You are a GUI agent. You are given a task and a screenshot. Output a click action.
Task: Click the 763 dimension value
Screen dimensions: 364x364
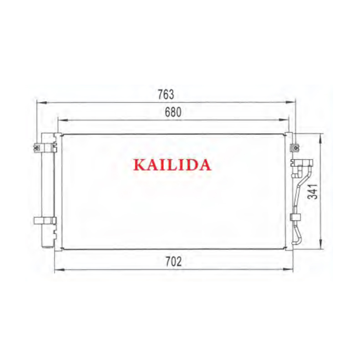(166, 94)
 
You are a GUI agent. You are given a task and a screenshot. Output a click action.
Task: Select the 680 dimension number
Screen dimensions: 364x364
(173, 112)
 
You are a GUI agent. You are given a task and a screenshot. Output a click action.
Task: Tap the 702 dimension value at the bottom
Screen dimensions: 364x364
(173, 261)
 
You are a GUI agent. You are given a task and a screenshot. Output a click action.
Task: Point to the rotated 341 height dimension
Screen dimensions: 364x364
(312, 192)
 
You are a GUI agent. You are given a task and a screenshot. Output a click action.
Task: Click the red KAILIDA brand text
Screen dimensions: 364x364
(172, 165)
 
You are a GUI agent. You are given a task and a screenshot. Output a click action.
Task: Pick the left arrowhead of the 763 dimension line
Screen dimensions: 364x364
(42, 102)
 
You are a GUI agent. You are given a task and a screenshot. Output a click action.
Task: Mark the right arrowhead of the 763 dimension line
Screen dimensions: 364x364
(290, 102)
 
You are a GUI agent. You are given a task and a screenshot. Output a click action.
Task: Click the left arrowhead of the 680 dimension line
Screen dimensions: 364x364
(63, 120)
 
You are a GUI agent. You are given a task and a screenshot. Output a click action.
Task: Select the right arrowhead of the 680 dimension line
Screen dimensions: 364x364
(283, 120)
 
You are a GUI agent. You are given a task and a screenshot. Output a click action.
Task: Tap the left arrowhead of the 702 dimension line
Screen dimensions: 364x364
(59, 269)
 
